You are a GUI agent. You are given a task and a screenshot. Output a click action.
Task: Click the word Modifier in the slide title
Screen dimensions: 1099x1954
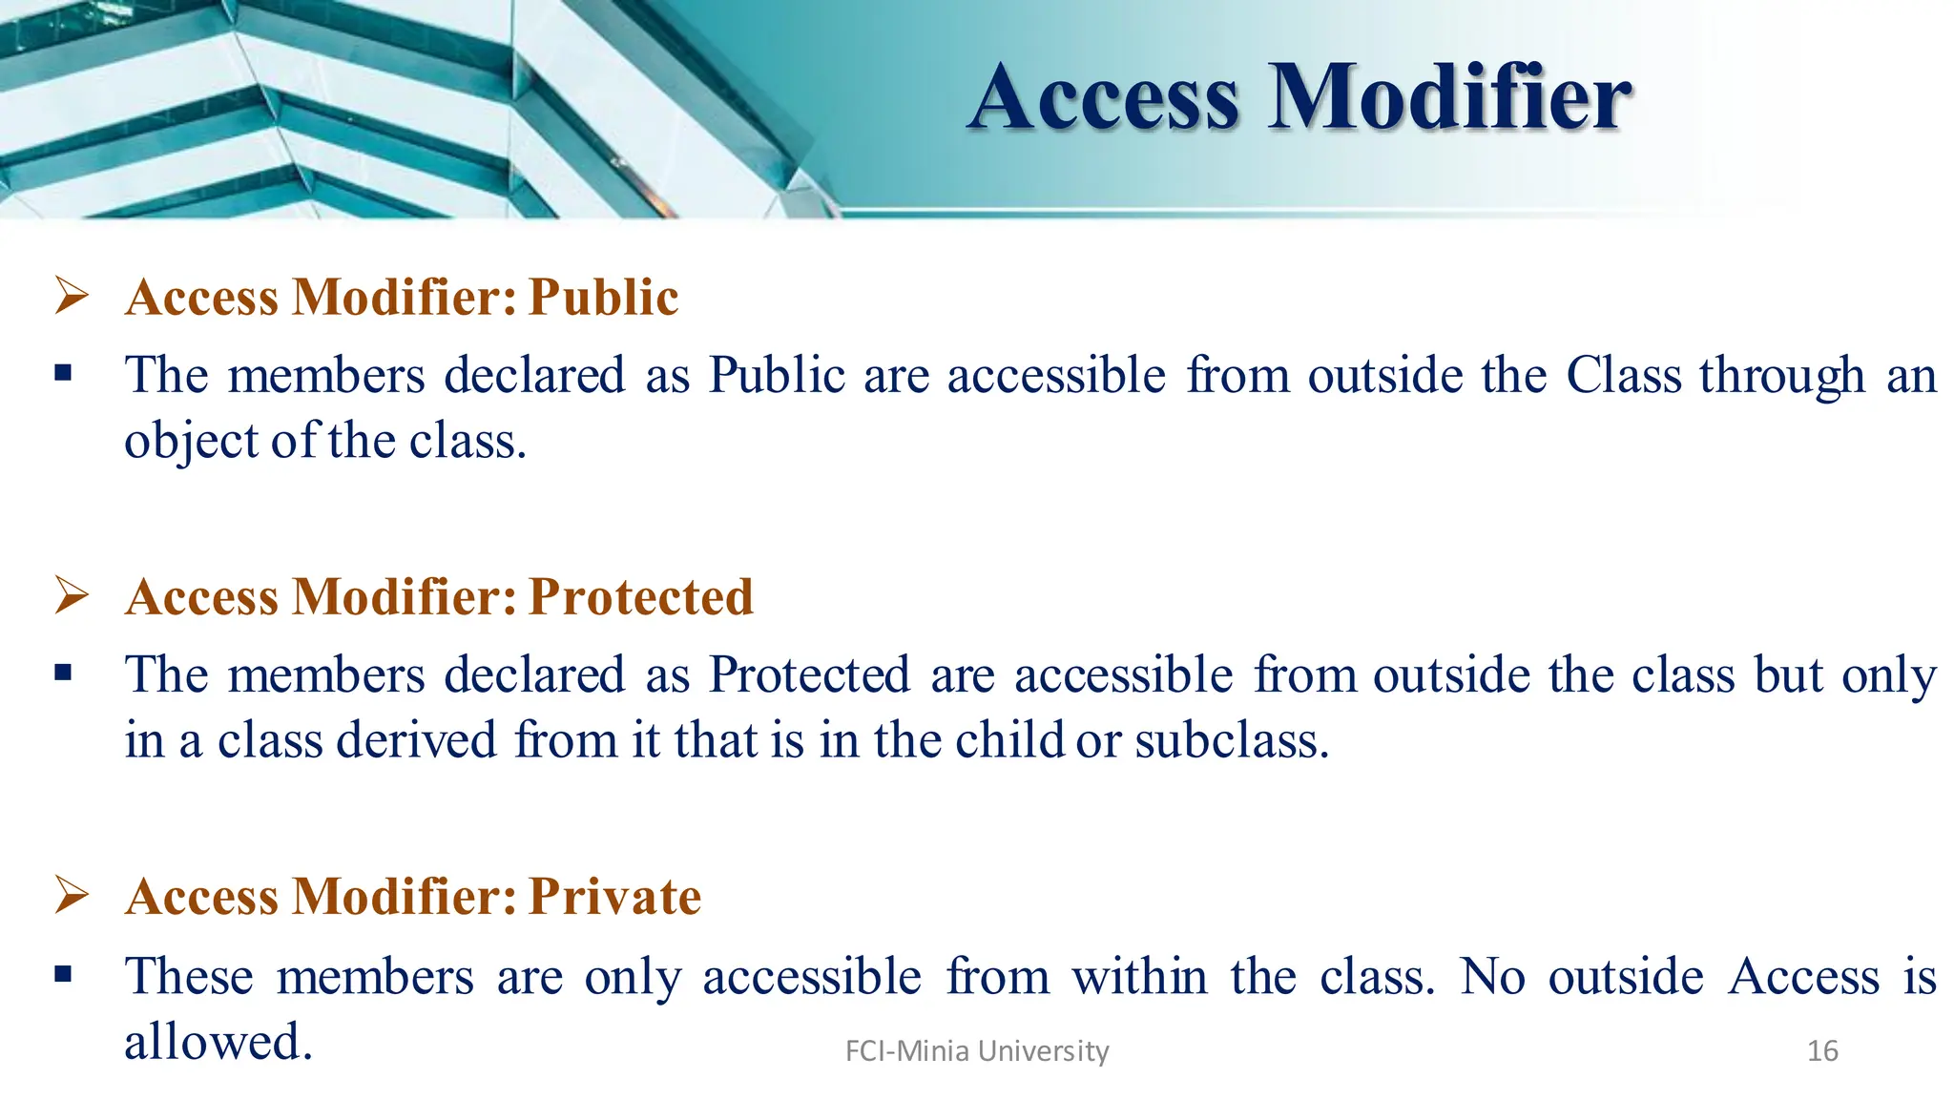pyautogui.click(x=1449, y=97)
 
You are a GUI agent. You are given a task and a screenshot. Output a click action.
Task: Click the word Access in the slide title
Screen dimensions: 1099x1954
pyautogui.click(x=1104, y=97)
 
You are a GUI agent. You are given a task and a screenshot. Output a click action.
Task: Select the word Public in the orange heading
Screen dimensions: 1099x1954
pyautogui.click(x=603, y=298)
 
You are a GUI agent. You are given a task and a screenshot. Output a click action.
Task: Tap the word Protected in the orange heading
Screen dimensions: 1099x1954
pyautogui.click(x=640, y=597)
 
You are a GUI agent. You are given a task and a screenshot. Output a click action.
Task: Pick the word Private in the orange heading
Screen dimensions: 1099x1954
pyautogui.click(x=614, y=897)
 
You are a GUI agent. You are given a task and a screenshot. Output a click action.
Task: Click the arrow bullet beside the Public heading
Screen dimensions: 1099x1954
pyautogui.click(x=72, y=295)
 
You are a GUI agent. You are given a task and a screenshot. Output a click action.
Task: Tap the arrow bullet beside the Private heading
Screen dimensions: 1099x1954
pyautogui.click(x=72, y=894)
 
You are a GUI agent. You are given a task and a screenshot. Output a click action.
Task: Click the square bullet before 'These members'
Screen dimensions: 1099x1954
pyautogui.click(x=64, y=975)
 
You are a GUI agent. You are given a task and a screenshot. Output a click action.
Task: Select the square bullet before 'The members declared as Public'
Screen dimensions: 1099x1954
pyautogui.click(x=64, y=373)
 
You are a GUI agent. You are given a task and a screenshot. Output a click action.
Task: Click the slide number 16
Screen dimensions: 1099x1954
pyautogui.click(x=1822, y=1051)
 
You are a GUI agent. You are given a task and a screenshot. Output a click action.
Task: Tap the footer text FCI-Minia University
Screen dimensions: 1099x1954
pyautogui.click(x=977, y=1051)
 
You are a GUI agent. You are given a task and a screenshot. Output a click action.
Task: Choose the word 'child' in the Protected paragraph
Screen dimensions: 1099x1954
pyautogui.click(x=1009, y=741)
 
